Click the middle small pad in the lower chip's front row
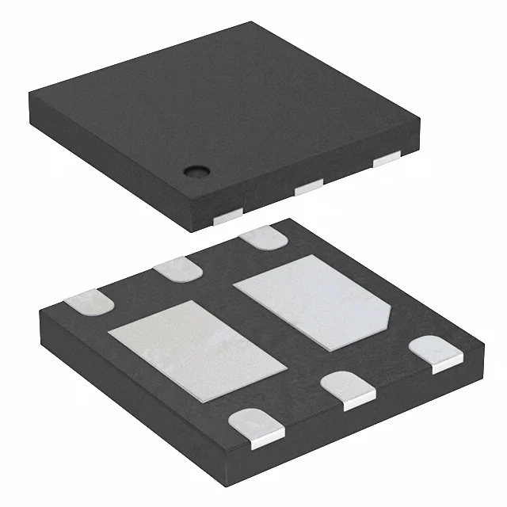(349, 388)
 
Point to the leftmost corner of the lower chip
(38, 311)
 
